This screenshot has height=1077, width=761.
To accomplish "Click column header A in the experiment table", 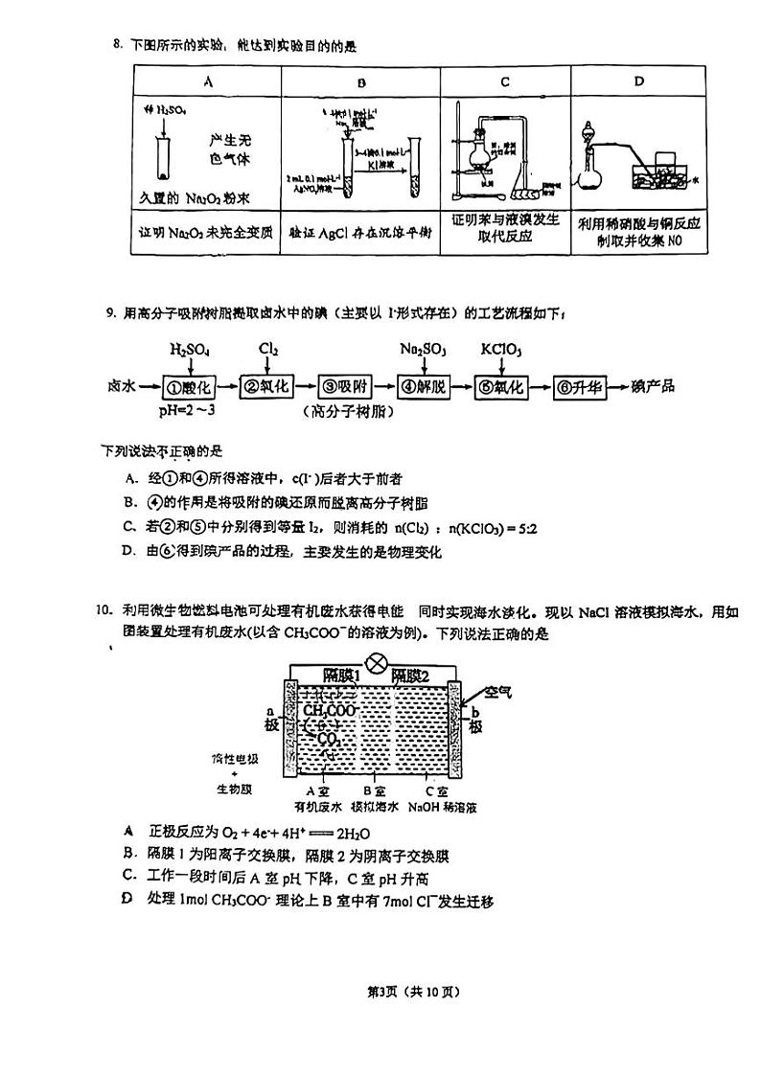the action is click(208, 82).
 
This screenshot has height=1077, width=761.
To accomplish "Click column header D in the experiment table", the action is click(639, 81).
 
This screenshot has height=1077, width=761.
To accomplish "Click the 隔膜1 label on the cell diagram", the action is click(341, 676).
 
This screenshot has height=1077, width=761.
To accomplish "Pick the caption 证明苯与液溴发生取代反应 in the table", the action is click(504, 227).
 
